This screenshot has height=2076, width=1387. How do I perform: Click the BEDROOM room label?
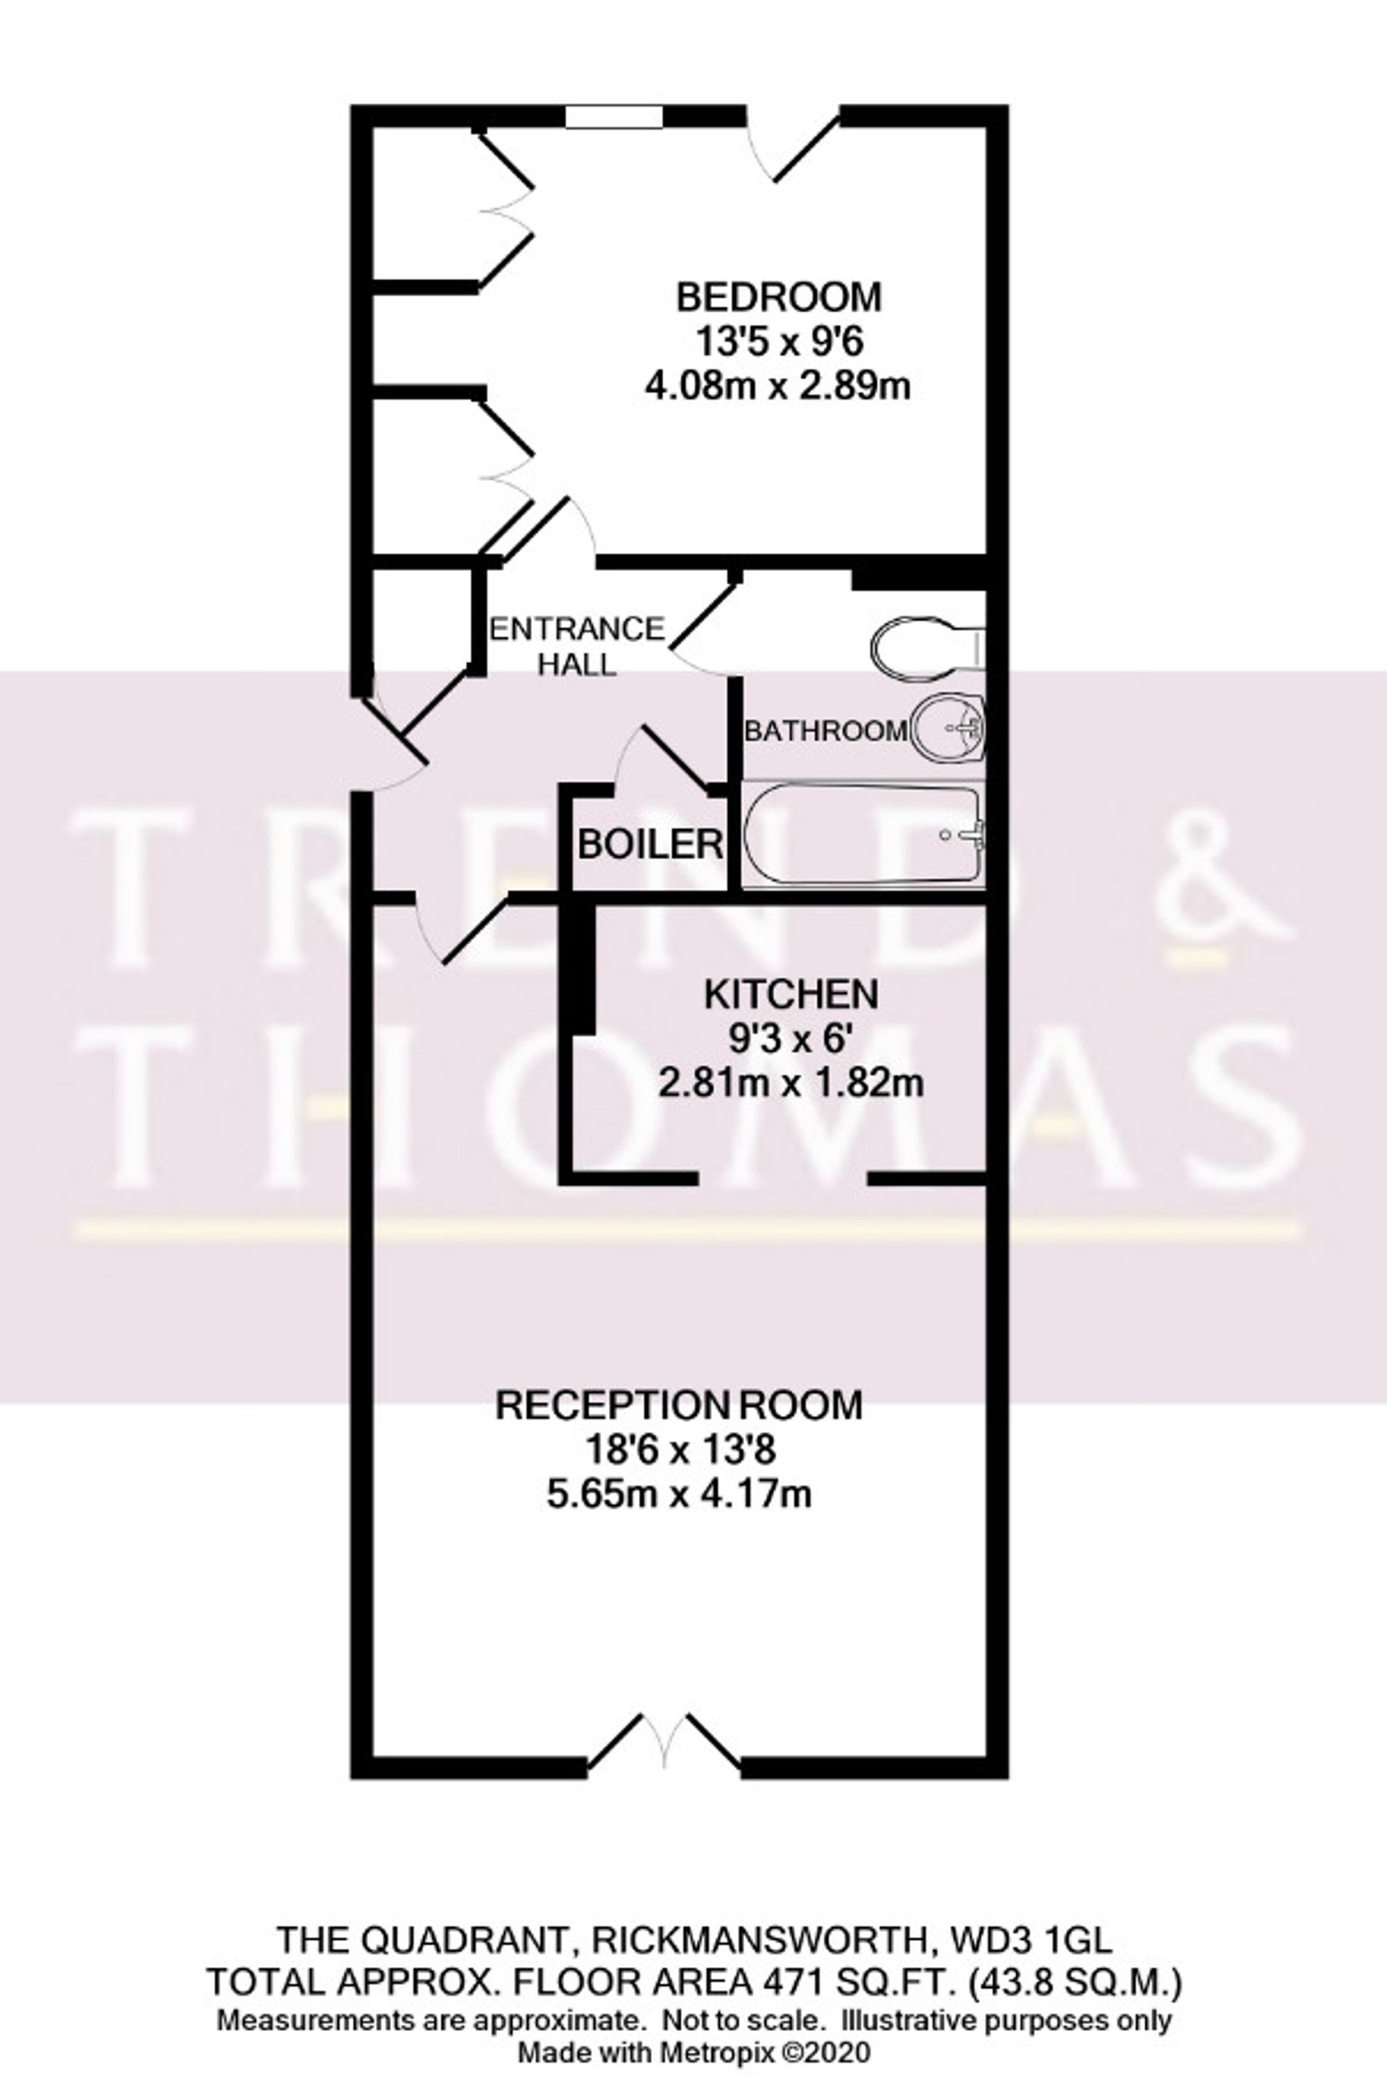778,297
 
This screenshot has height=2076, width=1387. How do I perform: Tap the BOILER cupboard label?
651,844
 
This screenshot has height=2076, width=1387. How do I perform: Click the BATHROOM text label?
825,731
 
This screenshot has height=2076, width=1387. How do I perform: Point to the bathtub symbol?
863,835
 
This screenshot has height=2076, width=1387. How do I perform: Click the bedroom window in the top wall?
614,116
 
